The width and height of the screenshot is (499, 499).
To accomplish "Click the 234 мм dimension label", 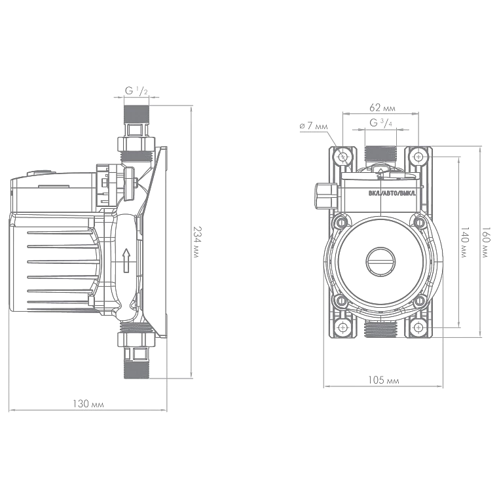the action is (x=197, y=242).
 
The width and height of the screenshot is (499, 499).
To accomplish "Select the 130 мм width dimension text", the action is (x=88, y=404).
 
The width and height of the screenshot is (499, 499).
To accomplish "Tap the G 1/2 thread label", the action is (x=136, y=91).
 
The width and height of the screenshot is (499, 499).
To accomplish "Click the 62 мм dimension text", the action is (x=382, y=107).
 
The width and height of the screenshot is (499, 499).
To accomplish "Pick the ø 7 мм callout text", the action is (x=314, y=126).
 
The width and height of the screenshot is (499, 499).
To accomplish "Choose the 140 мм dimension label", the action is (x=465, y=242).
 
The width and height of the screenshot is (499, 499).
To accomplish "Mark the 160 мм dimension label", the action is (x=486, y=242).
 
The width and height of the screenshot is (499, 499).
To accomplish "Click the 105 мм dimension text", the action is (x=383, y=380).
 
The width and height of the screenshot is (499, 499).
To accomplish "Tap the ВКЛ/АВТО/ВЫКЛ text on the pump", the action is (x=392, y=193).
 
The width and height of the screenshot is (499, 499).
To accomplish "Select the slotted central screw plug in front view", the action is (x=381, y=261).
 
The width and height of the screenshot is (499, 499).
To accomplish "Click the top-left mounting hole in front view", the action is (x=343, y=157).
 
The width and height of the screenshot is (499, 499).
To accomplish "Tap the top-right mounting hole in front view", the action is (x=419, y=157).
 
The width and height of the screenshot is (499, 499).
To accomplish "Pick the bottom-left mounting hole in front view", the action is (x=343, y=327).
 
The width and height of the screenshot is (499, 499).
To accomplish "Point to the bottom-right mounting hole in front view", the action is (x=419, y=327).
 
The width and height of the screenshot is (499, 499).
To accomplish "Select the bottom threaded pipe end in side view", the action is (x=136, y=369).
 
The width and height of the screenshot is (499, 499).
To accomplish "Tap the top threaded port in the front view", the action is (x=380, y=154).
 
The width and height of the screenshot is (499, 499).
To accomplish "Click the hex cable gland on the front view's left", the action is (x=326, y=196).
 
